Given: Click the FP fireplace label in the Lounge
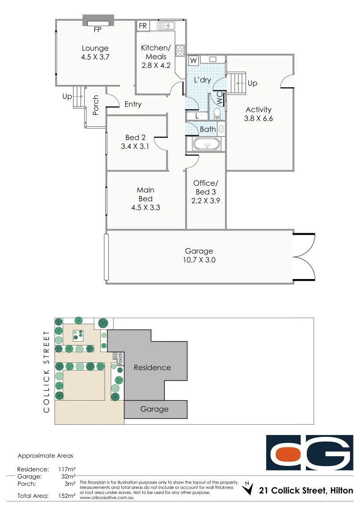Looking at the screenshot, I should tap(98, 29).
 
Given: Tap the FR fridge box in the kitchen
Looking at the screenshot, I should tap(143, 25).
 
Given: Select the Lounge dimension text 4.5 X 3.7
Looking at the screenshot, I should tap(95, 57).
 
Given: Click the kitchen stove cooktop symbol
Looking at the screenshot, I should tap(180, 50).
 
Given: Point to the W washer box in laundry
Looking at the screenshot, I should tap(193, 60).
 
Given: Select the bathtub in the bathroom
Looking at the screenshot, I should tap(203, 144).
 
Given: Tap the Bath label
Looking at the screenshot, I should tap(208, 129).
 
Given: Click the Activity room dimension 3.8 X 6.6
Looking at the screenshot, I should tap(258, 119).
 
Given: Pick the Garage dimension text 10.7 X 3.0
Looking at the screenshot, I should tap(199, 260).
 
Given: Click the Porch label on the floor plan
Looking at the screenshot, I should tap(96, 105).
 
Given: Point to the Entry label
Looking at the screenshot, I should tap(133, 104).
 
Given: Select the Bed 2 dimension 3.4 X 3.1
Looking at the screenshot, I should tap(135, 146).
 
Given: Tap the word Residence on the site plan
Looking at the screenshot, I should tap(152, 367).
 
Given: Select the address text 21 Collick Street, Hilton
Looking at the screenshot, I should tap(306, 491).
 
